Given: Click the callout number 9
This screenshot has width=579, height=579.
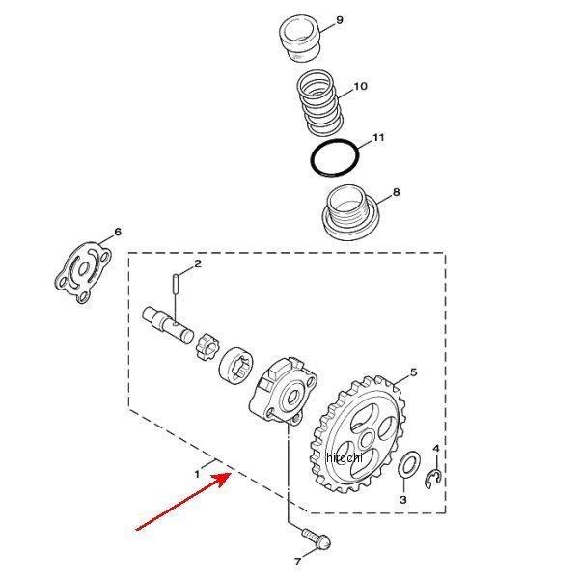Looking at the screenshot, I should (x=338, y=21).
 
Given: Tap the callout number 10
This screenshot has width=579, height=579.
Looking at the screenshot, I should (x=360, y=87).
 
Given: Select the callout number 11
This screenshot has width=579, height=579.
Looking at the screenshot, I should (x=378, y=138).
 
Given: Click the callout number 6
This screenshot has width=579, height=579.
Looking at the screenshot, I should (x=118, y=232).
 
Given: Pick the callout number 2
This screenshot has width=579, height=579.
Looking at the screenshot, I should (x=198, y=263).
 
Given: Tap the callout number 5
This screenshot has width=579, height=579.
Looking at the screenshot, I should (x=413, y=372).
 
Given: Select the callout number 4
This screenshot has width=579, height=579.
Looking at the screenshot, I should (x=436, y=450).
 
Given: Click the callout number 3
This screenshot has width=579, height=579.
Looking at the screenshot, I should (x=403, y=500).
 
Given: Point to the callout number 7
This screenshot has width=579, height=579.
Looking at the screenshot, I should (x=296, y=560).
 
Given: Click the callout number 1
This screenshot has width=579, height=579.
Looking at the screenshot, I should (x=197, y=474).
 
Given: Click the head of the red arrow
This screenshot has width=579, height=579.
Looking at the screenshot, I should (x=229, y=476).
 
